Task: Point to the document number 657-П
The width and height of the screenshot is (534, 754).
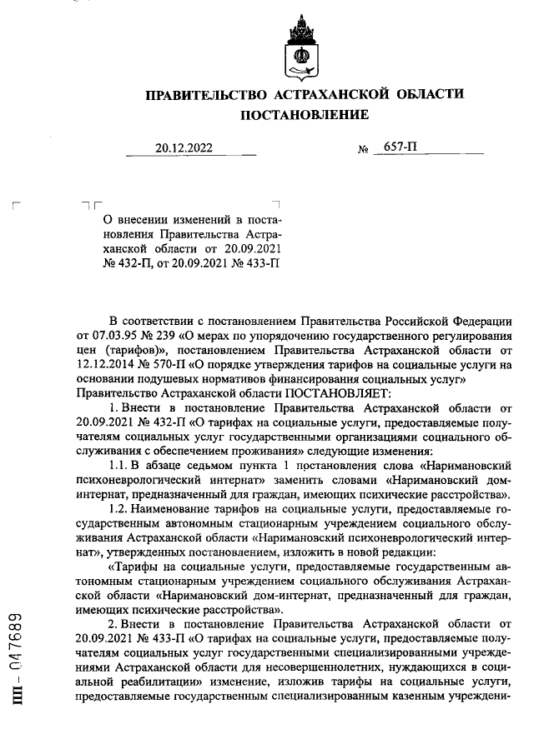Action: (400, 147)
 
